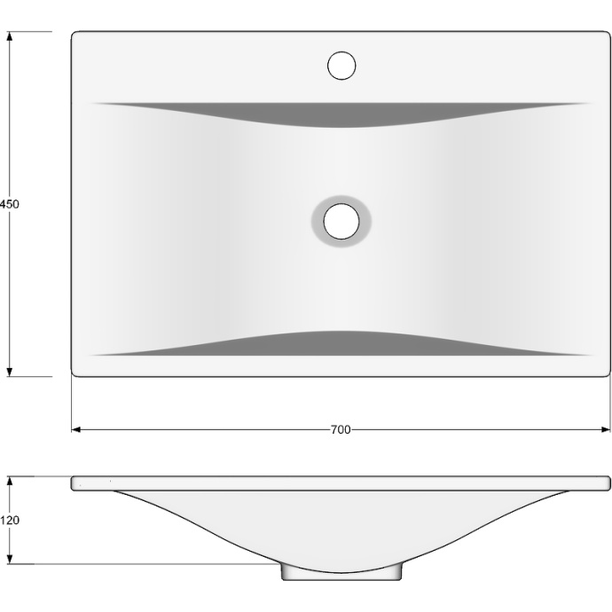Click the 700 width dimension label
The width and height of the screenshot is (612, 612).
[340, 430]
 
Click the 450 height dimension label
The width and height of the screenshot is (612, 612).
[10, 204]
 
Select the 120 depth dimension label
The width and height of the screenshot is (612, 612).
[10, 521]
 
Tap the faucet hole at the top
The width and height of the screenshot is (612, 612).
[341, 66]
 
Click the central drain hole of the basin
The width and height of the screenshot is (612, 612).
[340, 220]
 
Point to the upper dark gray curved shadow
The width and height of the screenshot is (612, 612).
[341, 114]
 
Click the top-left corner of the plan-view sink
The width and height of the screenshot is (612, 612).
[74, 34]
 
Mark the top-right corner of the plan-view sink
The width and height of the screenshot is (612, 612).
[609, 34]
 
